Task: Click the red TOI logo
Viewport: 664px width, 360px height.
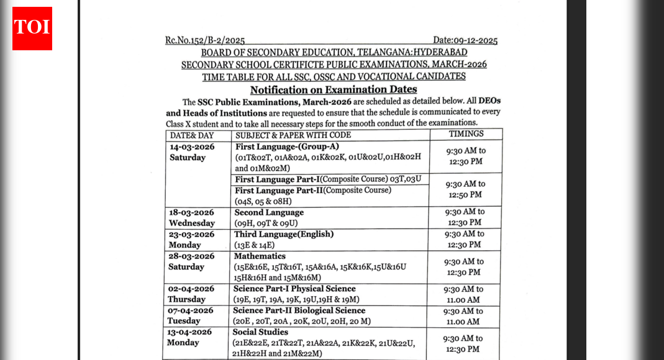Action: pos(32,28)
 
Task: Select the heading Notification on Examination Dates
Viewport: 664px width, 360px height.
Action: pos(333,89)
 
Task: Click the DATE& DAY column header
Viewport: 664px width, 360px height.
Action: pos(192,135)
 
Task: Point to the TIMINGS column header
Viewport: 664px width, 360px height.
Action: pos(465,134)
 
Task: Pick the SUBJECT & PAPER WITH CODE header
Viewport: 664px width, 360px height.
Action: pos(293,135)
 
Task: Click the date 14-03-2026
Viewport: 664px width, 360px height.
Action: pos(192,147)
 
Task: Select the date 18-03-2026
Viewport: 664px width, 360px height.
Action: pos(192,212)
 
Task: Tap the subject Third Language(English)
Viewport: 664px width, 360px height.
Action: pos(284,235)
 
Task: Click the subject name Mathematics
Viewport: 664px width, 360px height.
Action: pos(260,256)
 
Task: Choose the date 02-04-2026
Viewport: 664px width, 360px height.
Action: pos(191,289)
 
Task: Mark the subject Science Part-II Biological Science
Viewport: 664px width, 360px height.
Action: pos(299,310)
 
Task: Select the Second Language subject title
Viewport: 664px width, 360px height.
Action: pos(269,212)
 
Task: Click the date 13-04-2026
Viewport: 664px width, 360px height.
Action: pos(190,332)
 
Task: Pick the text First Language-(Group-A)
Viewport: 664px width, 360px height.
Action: pos(287,147)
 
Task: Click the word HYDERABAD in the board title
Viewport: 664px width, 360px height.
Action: pos(439,53)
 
